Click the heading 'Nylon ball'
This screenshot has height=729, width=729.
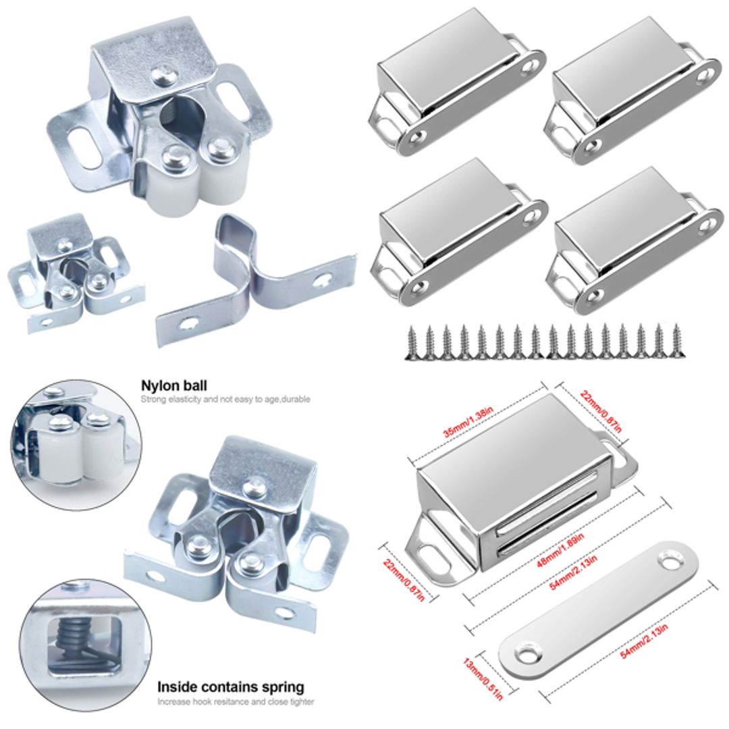click(173, 385)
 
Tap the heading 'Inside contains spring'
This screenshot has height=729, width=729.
click(230, 687)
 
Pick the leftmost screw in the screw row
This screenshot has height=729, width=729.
click(410, 342)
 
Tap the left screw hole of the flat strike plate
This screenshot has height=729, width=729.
click(526, 653)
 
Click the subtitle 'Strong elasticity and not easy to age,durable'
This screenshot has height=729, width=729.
click(225, 400)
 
